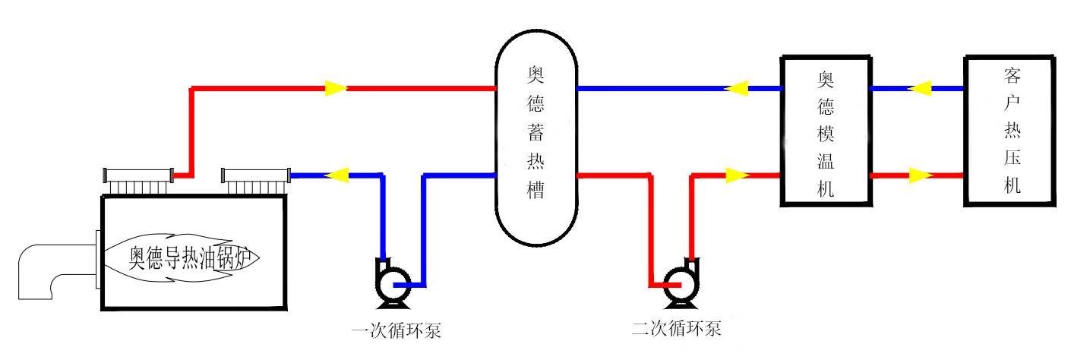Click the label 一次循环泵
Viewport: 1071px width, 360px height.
pyautogui.click(x=397, y=332)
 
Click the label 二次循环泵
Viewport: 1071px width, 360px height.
pyautogui.click(x=676, y=330)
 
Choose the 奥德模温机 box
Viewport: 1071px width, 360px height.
pyautogui.click(x=826, y=131)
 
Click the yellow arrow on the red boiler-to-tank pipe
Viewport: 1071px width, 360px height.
pyautogui.click(x=336, y=88)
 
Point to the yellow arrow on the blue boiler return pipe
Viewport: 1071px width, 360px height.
pyautogui.click(x=337, y=175)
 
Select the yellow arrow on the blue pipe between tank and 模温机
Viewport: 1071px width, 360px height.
pyautogui.click(x=735, y=88)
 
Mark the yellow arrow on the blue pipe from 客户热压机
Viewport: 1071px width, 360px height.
pyautogui.click(x=920, y=88)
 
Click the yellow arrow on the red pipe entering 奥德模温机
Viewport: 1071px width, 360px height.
pyautogui.click(x=737, y=176)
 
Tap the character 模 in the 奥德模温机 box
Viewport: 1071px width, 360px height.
pyautogui.click(x=826, y=134)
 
